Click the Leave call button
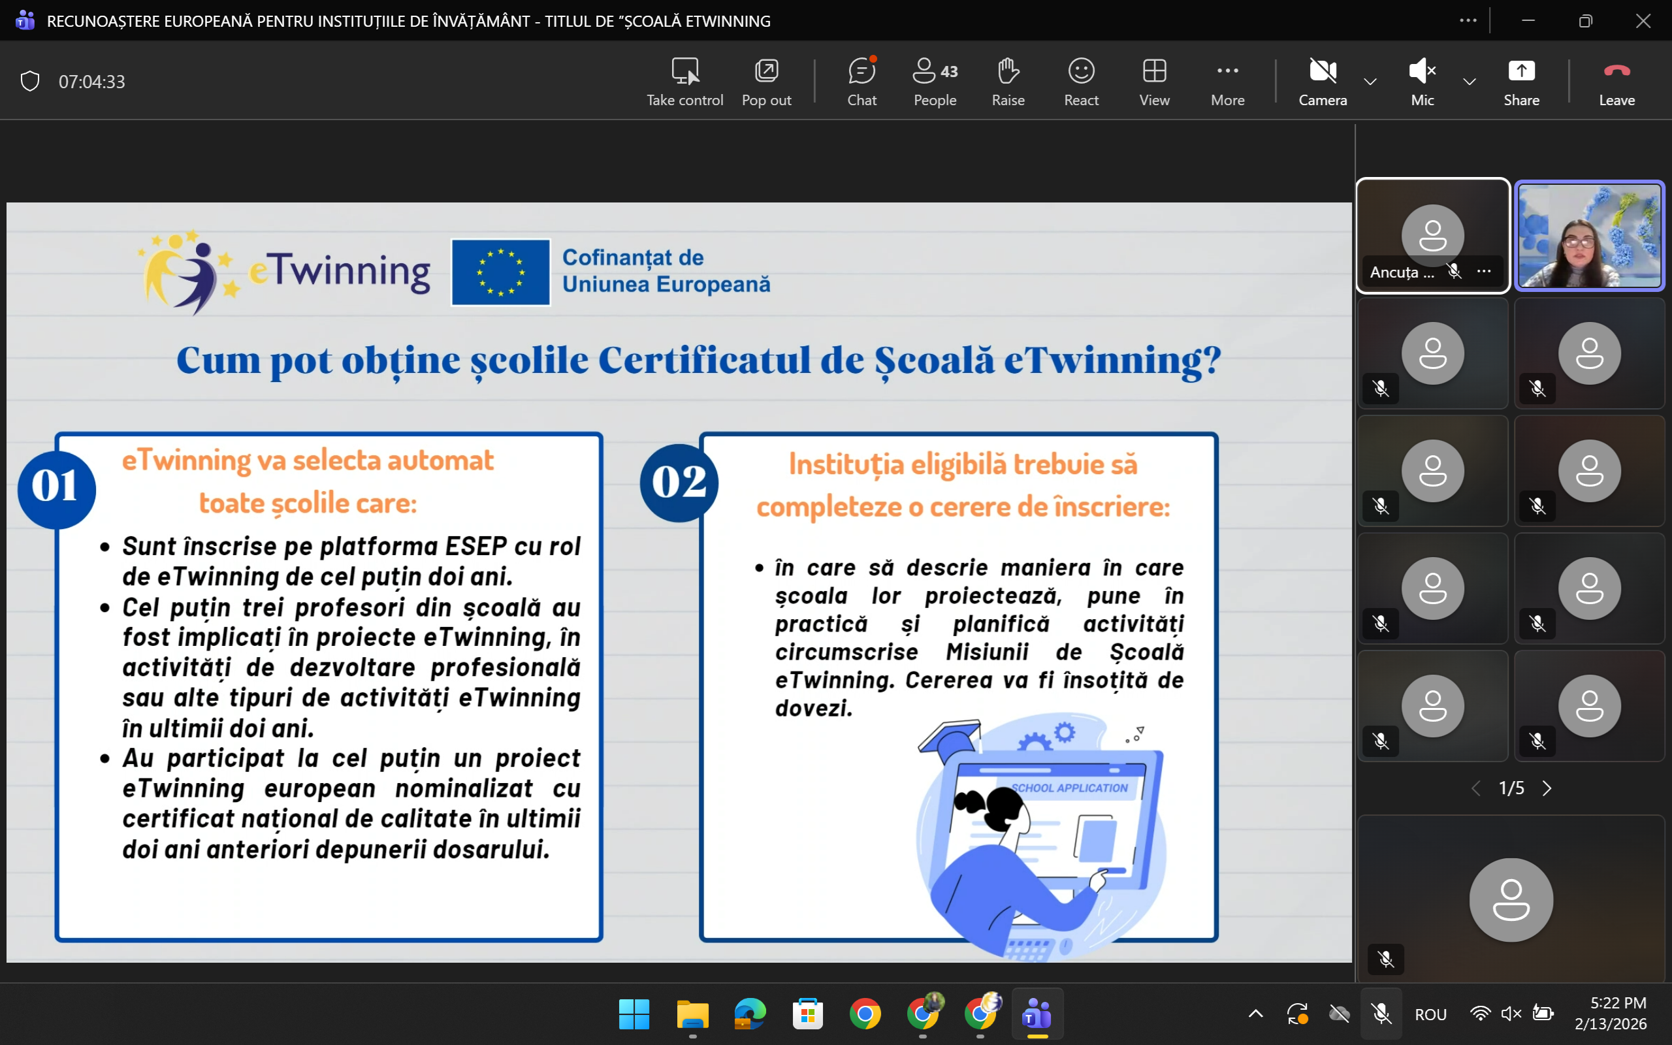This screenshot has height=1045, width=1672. [1616, 82]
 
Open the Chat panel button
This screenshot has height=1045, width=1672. [861, 82]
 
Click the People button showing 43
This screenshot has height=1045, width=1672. [935, 82]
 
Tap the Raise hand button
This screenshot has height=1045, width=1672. [1008, 82]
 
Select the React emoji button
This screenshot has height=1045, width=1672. [1082, 82]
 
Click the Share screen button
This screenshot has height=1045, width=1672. [1520, 82]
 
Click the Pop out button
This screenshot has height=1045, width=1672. [766, 82]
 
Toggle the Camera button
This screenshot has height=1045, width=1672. [1323, 82]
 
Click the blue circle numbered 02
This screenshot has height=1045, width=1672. [679, 483]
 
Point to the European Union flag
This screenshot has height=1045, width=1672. [501, 272]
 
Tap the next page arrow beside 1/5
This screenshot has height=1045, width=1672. [1548, 788]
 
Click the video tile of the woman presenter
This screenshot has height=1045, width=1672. [1589, 236]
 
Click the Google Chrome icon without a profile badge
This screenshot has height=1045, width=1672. [865, 1014]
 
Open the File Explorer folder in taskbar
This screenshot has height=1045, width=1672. [692, 1014]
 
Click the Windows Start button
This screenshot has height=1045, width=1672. [634, 1014]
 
